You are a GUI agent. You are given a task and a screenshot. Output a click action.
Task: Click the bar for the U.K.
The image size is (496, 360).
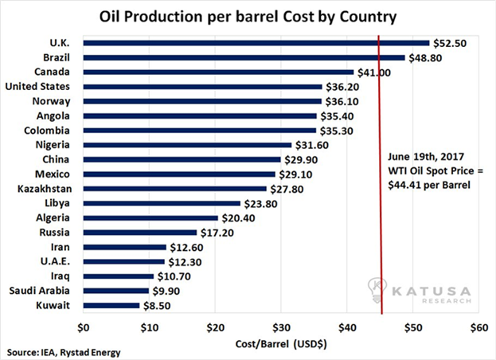click(255, 42)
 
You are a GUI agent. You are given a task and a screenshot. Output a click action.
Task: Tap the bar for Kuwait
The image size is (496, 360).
click(111, 304)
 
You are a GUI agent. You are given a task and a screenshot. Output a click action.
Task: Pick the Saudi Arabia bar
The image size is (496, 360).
click(115, 290)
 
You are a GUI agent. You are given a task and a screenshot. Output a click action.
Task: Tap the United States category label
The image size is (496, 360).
click(37, 86)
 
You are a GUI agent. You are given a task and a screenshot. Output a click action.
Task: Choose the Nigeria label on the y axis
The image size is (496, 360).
click(52, 144)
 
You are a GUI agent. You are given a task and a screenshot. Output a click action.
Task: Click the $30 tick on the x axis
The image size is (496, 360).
click(280, 327)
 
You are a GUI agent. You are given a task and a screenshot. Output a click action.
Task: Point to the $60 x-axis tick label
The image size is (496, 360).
click(478, 327)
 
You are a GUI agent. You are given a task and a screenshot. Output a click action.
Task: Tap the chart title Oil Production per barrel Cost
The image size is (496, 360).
click(248, 16)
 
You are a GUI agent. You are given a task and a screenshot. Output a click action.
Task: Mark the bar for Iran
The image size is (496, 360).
click(124, 247)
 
